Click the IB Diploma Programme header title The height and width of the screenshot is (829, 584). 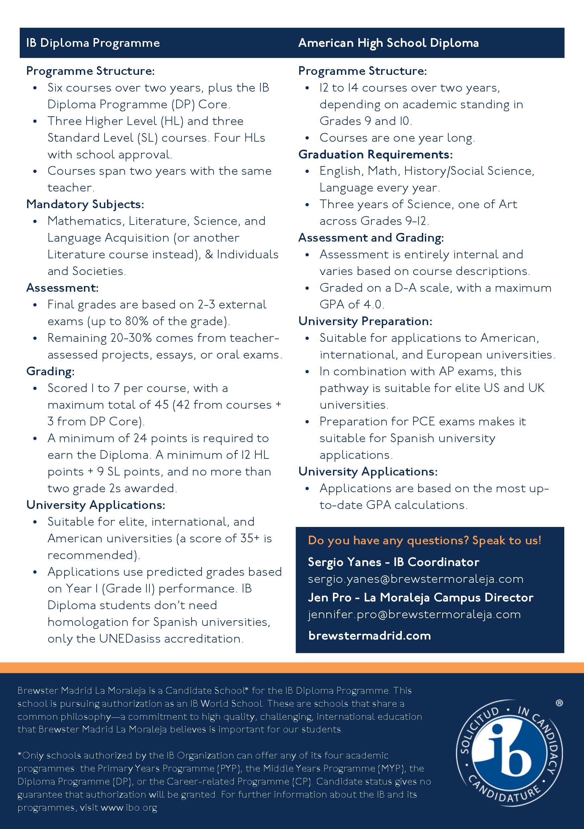click(93, 43)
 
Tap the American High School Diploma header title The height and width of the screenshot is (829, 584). click(388, 43)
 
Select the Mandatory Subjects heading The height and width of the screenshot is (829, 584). click(85, 204)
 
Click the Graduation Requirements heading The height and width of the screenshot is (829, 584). click(375, 154)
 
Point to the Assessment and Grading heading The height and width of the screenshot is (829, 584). click(371, 238)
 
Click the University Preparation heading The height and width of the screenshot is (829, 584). click(365, 321)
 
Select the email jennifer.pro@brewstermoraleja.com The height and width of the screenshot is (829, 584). click(414, 614)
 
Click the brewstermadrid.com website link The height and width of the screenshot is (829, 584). click(369, 636)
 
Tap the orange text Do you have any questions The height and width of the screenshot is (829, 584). click(424, 540)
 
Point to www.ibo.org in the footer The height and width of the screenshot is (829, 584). click(129, 807)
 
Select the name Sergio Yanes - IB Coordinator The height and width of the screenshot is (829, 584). click(393, 562)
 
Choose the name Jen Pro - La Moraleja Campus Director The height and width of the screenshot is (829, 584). click(421, 597)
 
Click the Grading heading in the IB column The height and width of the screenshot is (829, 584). click(50, 372)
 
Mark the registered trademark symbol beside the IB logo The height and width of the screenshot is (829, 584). click(559, 703)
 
